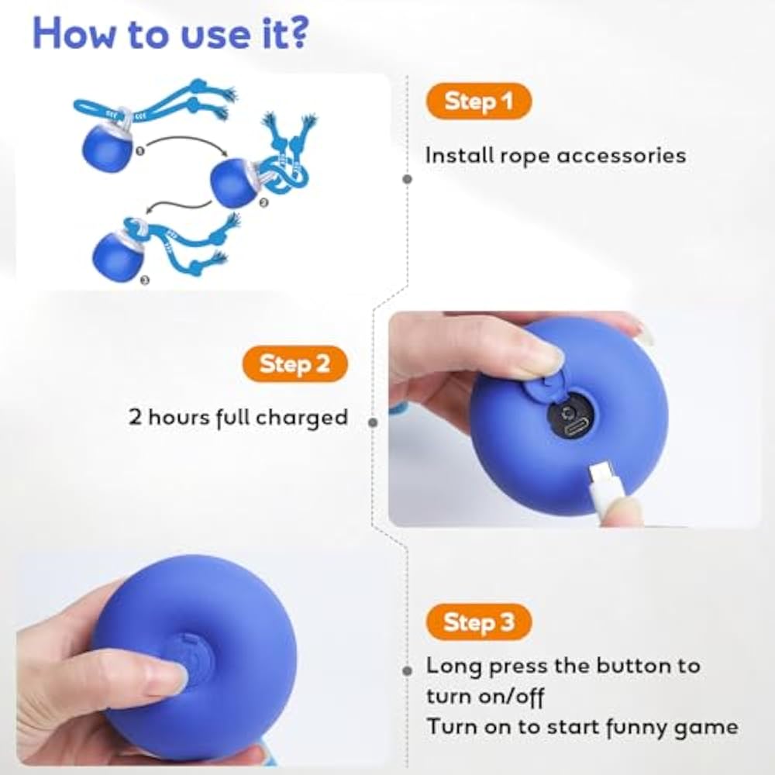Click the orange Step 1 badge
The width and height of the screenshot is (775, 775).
[x=478, y=102]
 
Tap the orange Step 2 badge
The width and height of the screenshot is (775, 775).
[x=294, y=363]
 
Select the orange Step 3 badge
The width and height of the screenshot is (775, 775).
[x=478, y=622]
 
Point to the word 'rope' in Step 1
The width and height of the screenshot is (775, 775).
[x=525, y=157]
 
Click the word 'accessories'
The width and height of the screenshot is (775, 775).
[x=622, y=156]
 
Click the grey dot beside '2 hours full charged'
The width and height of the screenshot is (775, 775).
[x=374, y=422]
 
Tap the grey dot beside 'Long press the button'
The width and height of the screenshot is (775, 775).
[x=408, y=670]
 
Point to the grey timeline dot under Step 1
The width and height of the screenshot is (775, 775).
[x=408, y=179]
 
